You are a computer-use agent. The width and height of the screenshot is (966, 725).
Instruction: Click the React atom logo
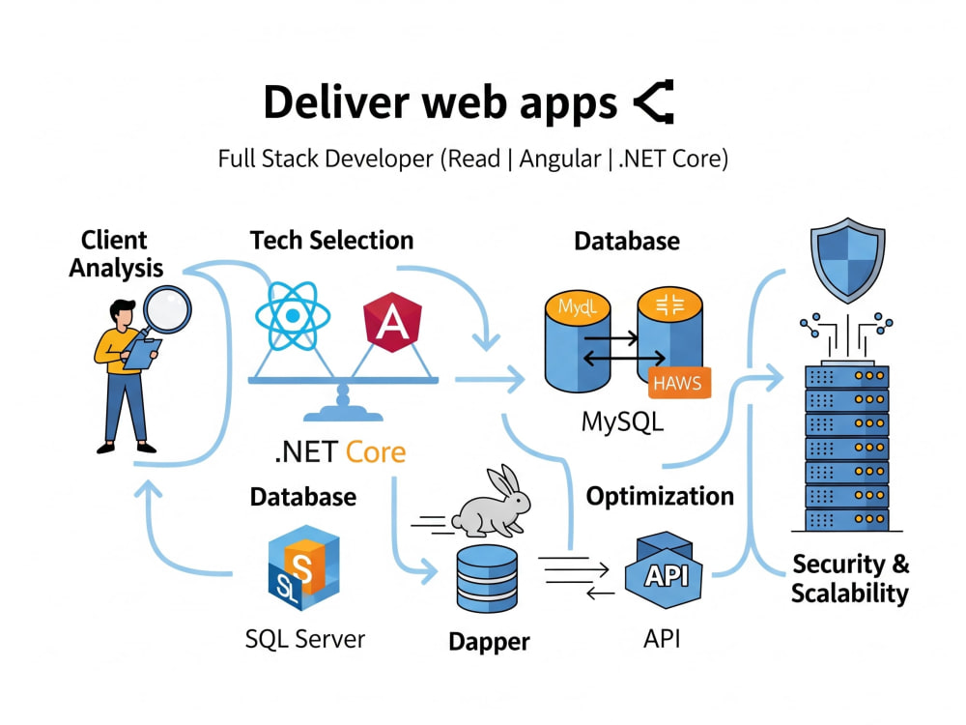coord(293,316)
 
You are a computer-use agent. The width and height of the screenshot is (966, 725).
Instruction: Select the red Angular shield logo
coord(392,322)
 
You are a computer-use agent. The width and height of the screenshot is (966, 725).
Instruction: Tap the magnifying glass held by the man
coord(166,311)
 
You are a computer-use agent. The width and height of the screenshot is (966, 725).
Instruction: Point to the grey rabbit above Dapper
coord(491,502)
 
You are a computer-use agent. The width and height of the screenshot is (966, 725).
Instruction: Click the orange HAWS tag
coord(679,383)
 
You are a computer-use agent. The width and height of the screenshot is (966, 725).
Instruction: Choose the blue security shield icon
coord(848,260)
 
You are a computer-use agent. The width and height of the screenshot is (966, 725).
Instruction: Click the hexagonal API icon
coord(664,570)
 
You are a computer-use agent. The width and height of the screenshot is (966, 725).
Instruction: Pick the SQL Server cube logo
coord(303,567)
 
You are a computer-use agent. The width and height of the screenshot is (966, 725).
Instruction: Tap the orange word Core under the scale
coord(376,452)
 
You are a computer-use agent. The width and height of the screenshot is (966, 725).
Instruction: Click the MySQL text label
coord(623,422)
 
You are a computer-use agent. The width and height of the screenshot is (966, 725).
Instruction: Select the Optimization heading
coord(660,496)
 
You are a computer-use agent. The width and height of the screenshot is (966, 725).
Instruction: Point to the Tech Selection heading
coord(331,241)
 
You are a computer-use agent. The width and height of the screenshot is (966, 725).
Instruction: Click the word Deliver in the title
coord(336,102)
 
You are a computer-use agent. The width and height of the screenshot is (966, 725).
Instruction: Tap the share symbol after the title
coord(654,101)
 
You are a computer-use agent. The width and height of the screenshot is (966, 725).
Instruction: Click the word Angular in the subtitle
coord(560,159)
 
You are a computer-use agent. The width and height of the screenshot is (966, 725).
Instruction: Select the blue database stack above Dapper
coord(487,578)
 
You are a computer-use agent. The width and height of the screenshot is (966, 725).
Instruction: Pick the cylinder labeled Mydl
coord(578,343)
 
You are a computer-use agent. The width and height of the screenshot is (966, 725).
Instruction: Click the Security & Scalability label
coord(850,578)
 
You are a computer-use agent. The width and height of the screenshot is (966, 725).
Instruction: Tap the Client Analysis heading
coord(116,254)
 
